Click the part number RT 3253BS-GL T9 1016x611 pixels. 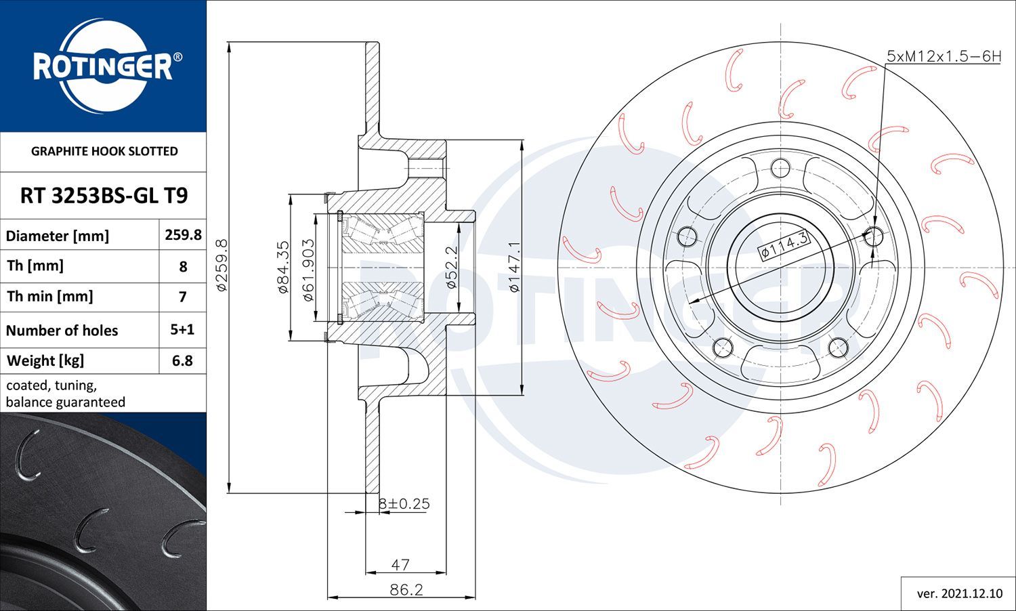click(x=104, y=196)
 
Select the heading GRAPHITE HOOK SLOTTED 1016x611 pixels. click(x=104, y=151)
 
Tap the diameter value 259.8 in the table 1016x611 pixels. click(x=184, y=234)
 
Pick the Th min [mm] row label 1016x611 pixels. click(x=50, y=297)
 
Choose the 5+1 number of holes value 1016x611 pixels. click(x=182, y=329)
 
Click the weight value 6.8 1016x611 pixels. click(x=182, y=360)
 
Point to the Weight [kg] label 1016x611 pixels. click(x=45, y=361)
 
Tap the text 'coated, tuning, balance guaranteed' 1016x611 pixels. click(x=66, y=394)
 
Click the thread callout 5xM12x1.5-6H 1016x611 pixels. click(x=944, y=56)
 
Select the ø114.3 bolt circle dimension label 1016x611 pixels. click(x=784, y=245)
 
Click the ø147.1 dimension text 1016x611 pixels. click(x=514, y=267)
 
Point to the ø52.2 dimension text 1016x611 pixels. click(x=451, y=267)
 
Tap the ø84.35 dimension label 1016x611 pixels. click(x=282, y=267)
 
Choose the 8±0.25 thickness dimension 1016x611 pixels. click(x=404, y=504)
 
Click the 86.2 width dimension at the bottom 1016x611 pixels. click(x=406, y=590)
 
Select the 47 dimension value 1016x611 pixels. click(x=400, y=565)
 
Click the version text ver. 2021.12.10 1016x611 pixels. click(x=960, y=594)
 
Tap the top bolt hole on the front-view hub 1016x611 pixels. click(x=780, y=169)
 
